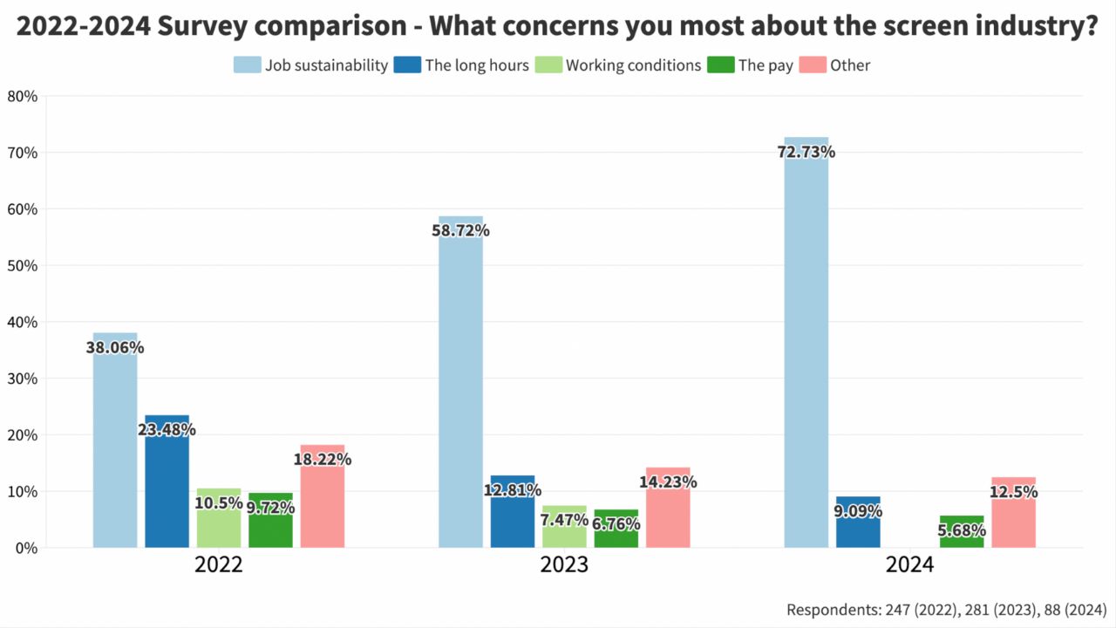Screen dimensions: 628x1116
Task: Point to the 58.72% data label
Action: tap(460, 231)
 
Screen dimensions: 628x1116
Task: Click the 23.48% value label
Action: tap(167, 429)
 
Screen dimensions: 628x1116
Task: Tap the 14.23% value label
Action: tap(668, 481)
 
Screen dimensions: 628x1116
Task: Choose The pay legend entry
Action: tap(766, 65)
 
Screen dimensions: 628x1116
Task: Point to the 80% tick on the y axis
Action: tap(22, 96)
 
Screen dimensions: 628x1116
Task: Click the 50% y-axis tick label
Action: tap(22, 265)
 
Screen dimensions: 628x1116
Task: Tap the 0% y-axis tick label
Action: tap(26, 548)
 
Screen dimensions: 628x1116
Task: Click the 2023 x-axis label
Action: tap(564, 565)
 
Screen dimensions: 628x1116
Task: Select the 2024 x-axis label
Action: tap(909, 565)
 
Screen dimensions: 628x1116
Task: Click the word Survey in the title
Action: tap(216, 27)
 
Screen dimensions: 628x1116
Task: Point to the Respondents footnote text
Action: tap(946, 609)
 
